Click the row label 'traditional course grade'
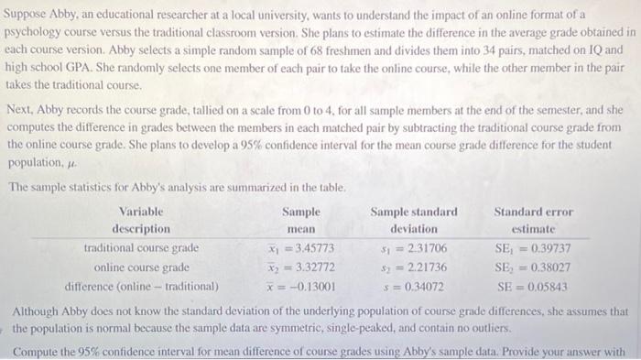click(x=141, y=248)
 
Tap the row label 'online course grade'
click(x=142, y=267)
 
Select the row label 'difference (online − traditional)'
click(x=141, y=285)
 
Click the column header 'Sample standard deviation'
click(x=414, y=220)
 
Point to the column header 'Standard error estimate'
click(x=531, y=220)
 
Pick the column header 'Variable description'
click(x=141, y=220)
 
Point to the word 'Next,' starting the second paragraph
click(x=21, y=109)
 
